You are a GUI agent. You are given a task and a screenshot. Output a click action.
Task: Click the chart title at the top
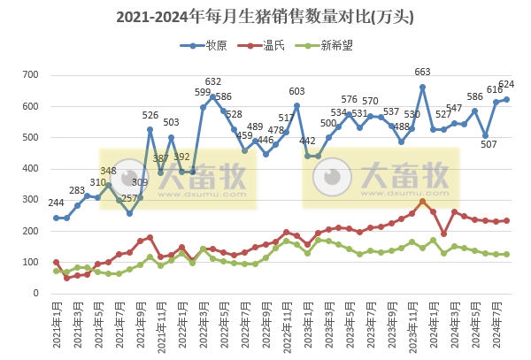(265, 15)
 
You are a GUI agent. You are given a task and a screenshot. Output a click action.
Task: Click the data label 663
(422, 73)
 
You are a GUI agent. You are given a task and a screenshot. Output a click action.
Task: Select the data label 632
(213, 82)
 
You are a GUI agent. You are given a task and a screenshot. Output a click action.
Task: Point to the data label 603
(297, 91)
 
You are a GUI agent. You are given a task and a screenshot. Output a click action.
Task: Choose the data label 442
(308, 142)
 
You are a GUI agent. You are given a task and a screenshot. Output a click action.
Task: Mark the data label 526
(150, 115)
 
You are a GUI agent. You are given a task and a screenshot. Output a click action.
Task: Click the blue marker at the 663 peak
(422, 87)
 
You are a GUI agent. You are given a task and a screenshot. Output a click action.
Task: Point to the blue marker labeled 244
(56, 218)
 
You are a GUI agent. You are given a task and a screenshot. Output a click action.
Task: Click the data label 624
(507, 85)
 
